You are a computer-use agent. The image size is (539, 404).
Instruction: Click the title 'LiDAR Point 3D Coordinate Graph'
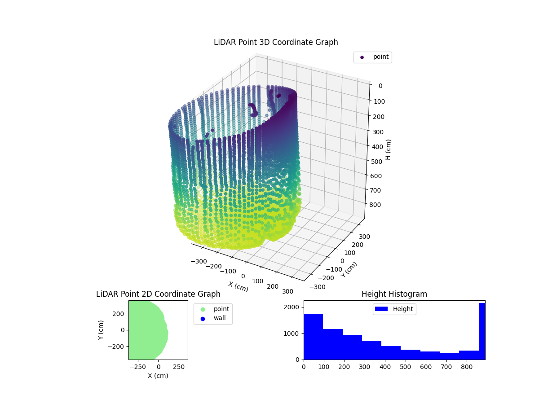coord(276,42)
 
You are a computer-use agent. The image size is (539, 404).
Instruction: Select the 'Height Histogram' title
coord(394,294)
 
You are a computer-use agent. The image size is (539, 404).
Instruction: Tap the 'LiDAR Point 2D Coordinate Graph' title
coord(158,294)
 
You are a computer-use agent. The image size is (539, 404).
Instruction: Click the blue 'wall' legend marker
coord(203,318)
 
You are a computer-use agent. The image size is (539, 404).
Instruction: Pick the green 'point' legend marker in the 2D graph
coord(203,309)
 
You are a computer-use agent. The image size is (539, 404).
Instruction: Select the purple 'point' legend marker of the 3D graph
coord(362,57)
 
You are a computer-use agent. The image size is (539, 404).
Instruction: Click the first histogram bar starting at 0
coord(313,337)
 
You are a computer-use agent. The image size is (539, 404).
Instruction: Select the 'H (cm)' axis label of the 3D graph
coord(389,149)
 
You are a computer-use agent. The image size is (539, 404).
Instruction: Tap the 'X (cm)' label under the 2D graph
coord(158,376)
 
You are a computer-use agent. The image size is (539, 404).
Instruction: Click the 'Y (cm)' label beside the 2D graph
coord(102,330)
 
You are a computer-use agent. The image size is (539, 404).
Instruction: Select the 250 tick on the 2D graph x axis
coord(179,367)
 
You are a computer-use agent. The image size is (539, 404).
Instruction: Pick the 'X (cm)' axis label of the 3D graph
coord(238,286)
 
